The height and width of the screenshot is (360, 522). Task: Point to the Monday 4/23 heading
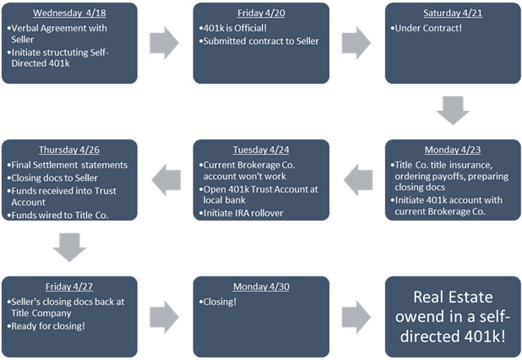[x=453, y=149]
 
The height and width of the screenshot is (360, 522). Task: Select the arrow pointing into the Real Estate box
[x=356, y=316]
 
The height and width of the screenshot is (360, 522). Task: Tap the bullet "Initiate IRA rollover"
[x=245, y=213]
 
